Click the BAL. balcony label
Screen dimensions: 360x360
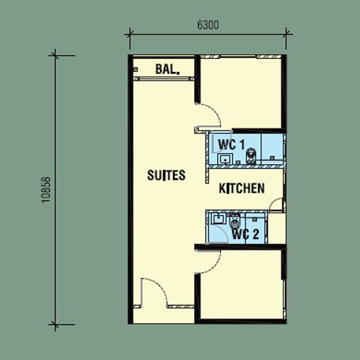pyautogui.click(x=167, y=69)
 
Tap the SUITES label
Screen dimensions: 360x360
pyautogui.click(x=166, y=175)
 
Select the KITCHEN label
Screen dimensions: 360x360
pyautogui.click(x=242, y=188)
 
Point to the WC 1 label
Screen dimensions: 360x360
pyautogui.click(x=231, y=144)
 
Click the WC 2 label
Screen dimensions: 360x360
pyautogui.click(x=245, y=234)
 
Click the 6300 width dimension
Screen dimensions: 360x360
pyautogui.click(x=208, y=25)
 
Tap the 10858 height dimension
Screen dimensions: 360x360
pyautogui.click(x=46, y=190)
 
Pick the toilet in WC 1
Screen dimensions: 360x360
pyautogui.click(x=251, y=156)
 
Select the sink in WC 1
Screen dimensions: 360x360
pyautogui.click(x=225, y=159)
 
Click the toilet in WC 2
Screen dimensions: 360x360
pyautogui.click(x=235, y=221)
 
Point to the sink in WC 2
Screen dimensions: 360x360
pyautogui.click(x=219, y=219)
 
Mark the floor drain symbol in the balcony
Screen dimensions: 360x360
pyautogui.click(x=136, y=70)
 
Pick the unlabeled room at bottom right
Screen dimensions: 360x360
pyautogui.click(x=241, y=284)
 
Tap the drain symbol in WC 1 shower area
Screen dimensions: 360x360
pyautogui.click(x=272, y=158)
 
